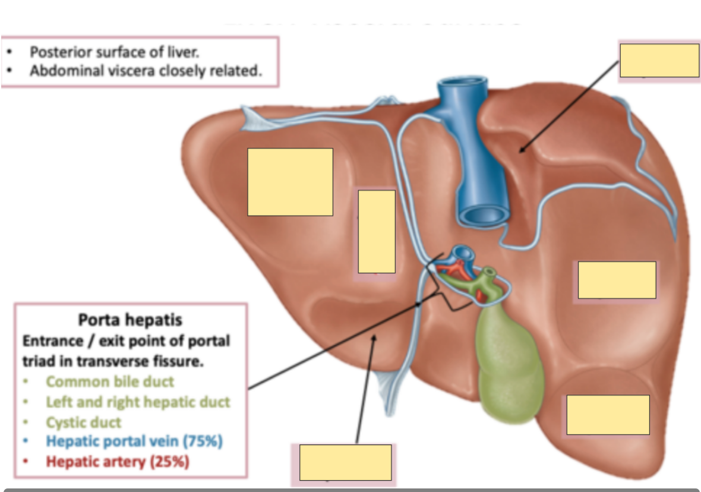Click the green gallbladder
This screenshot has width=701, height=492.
[510, 362]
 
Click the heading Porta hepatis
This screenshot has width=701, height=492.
[130, 320]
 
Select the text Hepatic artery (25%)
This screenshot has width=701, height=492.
[118, 461]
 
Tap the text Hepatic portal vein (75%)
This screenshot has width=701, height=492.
[134, 441]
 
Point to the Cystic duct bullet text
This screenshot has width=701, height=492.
[84, 422]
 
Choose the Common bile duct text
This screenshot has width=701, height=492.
[110, 381]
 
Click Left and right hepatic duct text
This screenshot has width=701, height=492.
[138, 402]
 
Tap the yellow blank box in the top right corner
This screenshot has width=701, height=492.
[659, 60]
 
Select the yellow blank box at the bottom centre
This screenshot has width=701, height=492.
[345, 462]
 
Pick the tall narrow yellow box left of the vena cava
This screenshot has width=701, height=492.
[377, 232]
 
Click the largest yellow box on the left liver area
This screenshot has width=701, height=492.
[290, 182]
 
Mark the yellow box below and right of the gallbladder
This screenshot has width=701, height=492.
[608, 414]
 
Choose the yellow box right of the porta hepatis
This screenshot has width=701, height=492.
[617, 280]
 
